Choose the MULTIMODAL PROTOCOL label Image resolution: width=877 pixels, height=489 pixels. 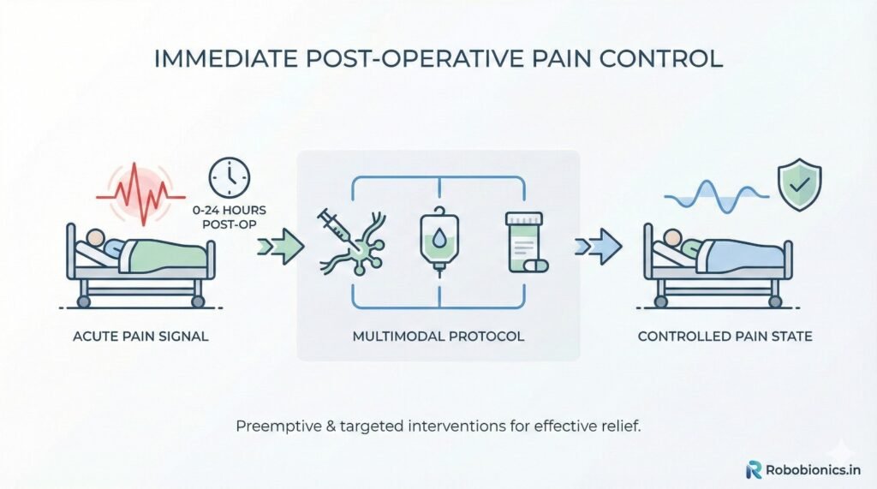(438, 337)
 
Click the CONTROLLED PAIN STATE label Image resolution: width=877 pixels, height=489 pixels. (725, 337)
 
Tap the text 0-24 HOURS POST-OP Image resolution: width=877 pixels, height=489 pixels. (230, 218)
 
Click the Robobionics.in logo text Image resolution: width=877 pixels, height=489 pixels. (814, 469)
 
